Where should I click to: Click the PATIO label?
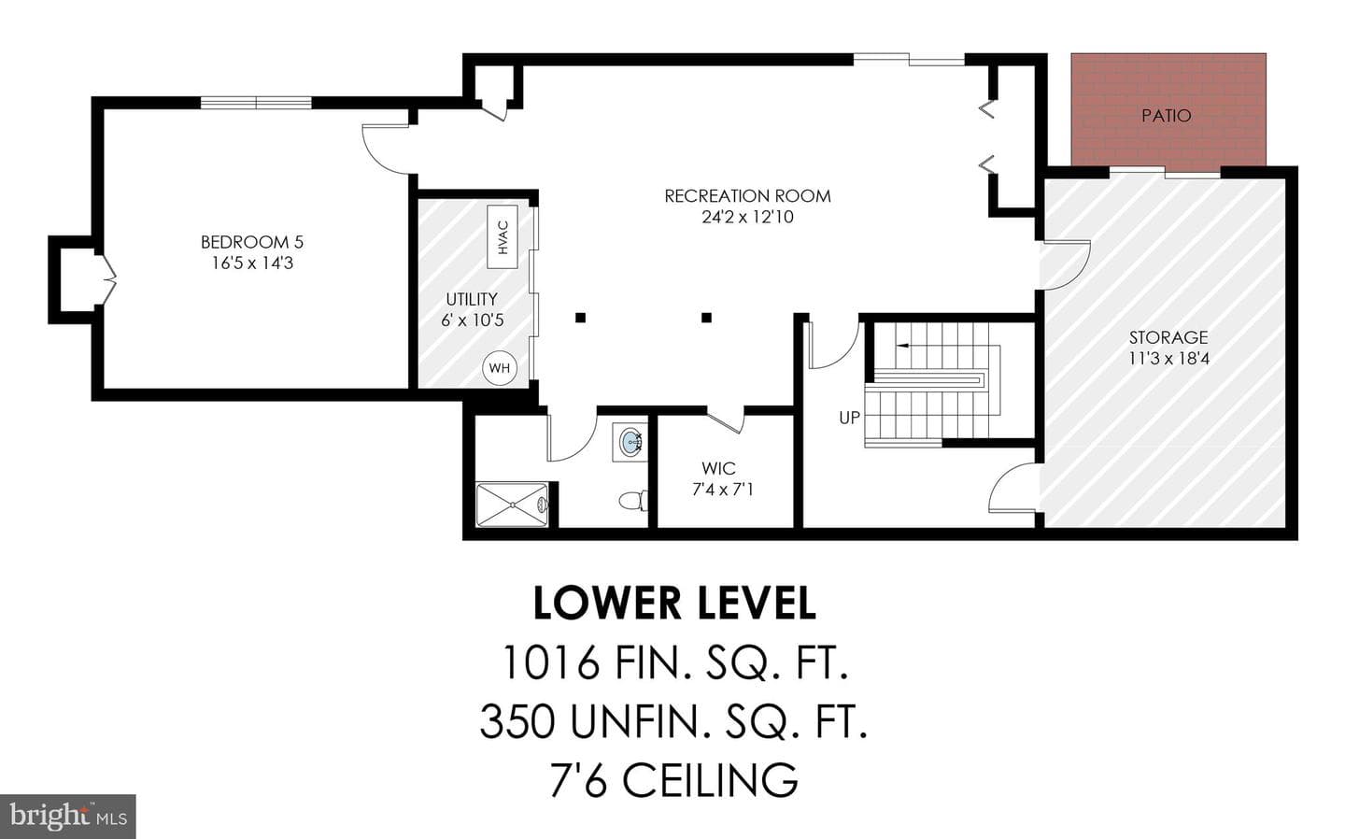coord(1166,115)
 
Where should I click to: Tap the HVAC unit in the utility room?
coord(502,237)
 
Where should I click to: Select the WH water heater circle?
coord(500,367)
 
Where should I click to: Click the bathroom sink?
coord(630,442)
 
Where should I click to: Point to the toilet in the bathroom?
coord(633,500)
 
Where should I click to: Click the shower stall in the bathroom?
coord(512,505)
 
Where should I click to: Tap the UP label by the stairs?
coord(849,418)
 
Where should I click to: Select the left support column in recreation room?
coord(580,318)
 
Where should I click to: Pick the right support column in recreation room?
coord(707,318)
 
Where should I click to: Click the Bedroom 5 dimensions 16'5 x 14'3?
coord(252,263)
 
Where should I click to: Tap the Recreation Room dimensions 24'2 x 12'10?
coord(747,217)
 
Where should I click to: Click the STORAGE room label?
coord(1168,337)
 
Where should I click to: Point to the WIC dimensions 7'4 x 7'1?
coord(723,491)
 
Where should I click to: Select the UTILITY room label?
coord(472,299)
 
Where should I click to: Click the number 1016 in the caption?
coord(551,662)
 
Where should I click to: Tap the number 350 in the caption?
coord(517,722)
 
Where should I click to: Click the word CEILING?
coord(710,780)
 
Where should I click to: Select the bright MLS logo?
coord(68,817)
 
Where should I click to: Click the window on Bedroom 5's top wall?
coord(256,103)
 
